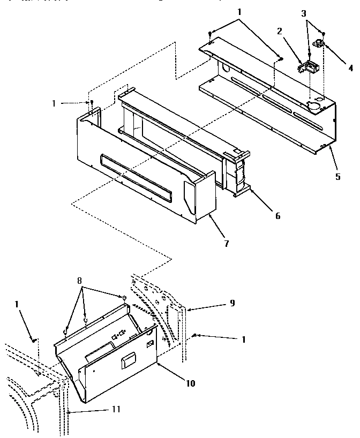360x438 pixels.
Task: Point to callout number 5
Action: point(337,177)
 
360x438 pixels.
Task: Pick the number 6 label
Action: point(277,216)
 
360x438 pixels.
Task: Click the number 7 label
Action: point(226,244)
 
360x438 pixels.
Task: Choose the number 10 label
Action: point(191,383)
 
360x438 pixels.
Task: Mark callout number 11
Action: point(115,409)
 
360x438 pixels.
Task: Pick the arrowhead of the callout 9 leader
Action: point(185,308)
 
